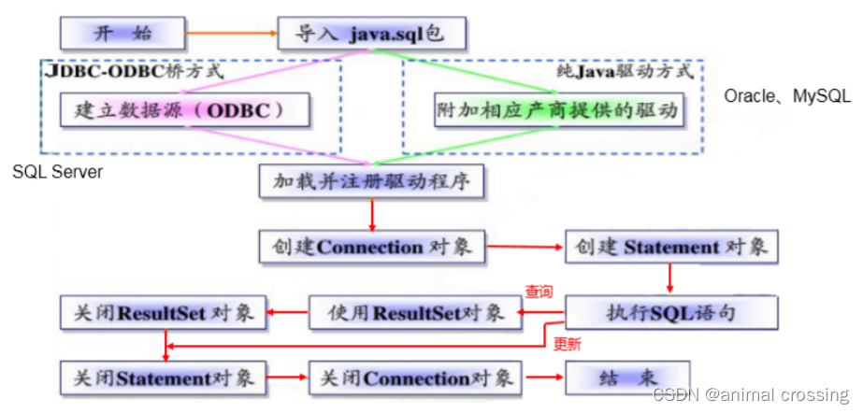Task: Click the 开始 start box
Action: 122,34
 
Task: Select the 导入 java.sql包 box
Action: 371,35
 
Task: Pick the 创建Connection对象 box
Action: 372,247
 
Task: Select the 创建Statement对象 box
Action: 670,247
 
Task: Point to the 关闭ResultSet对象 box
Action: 163,312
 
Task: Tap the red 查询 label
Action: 538,292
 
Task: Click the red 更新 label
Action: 567,344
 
